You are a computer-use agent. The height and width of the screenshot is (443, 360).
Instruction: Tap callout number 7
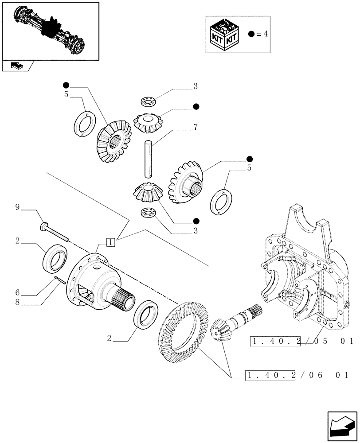click(195, 128)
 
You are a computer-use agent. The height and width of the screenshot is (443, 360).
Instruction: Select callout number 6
click(17, 292)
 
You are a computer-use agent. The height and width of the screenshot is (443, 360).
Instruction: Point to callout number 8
click(17, 303)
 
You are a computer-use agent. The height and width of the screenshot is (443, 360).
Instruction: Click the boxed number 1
click(110, 242)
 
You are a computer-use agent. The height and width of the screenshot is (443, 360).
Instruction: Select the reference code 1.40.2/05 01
click(301, 341)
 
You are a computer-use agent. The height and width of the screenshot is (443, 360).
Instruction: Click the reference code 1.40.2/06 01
click(297, 376)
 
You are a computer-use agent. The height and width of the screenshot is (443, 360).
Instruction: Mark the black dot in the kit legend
click(251, 34)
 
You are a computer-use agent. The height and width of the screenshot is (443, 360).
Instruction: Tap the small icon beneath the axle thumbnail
click(16, 66)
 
